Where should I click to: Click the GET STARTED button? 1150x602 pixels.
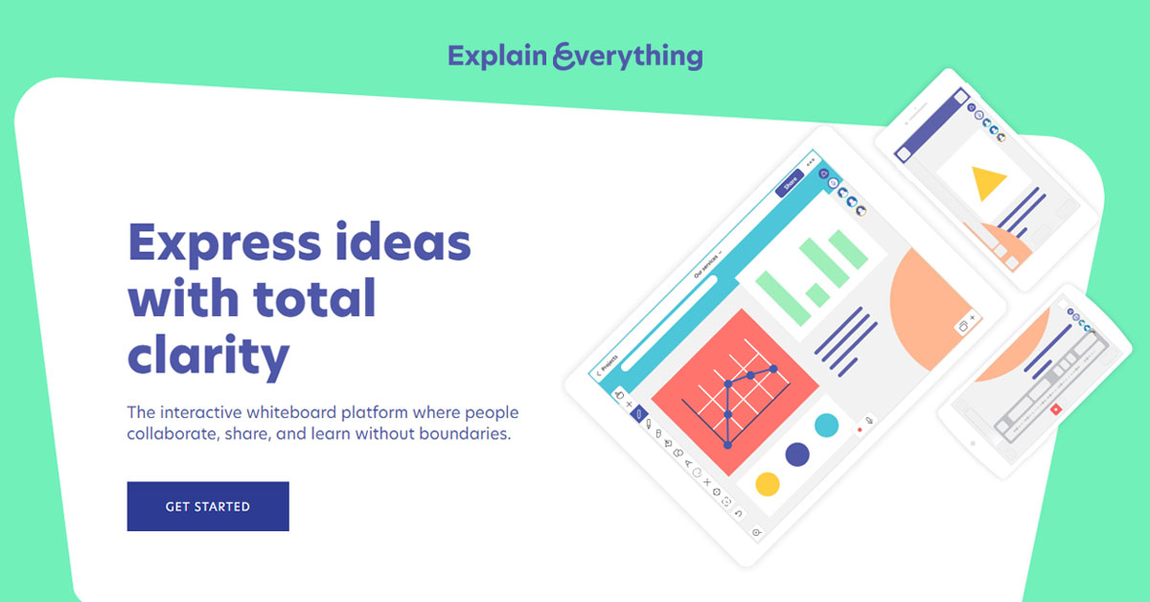[207, 506]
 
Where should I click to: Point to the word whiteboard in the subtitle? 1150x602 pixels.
[287, 413]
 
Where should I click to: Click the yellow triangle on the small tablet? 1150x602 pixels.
[987, 182]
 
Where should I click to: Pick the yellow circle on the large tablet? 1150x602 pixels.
[768, 483]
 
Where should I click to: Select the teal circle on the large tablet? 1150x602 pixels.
[826, 425]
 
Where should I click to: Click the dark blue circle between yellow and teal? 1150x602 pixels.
[797, 453]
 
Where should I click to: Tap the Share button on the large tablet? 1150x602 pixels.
[791, 183]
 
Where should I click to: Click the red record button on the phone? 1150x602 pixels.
[1055, 408]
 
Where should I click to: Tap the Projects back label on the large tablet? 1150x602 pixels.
[608, 365]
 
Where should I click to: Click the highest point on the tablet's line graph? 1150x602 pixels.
[771, 368]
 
